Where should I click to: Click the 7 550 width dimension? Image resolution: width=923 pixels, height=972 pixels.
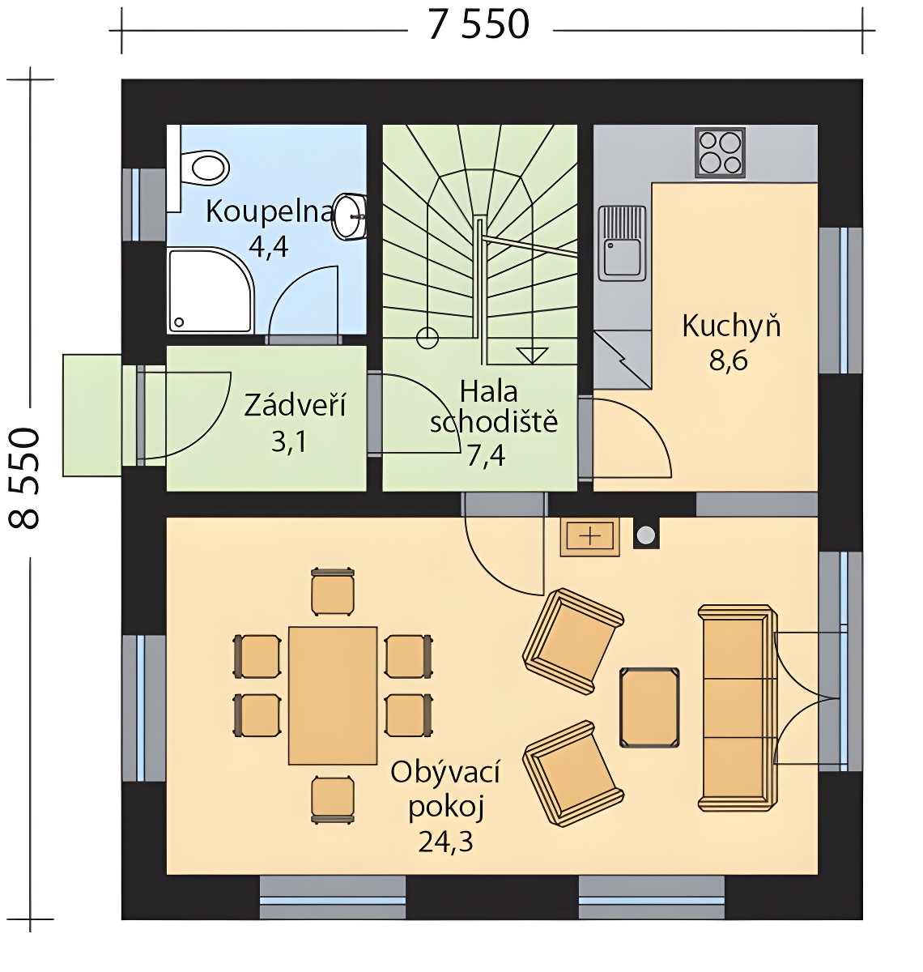coord(479,25)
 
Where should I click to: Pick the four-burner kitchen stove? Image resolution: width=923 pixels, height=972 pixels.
coord(719,152)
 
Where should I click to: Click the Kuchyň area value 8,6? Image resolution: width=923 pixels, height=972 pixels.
coord(728,361)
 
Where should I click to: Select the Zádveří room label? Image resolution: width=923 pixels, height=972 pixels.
coord(296,405)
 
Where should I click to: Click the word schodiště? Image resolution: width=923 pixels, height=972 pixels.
coord(493,423)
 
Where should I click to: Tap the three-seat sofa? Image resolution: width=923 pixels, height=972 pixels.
coord(737,708)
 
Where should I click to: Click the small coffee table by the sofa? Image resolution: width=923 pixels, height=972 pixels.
coord(649,707)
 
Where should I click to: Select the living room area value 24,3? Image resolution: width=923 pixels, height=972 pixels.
coord(445,842)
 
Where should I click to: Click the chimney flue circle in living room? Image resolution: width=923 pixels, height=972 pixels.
coord(645,535)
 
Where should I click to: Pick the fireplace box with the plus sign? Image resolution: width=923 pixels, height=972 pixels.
coord(589,537)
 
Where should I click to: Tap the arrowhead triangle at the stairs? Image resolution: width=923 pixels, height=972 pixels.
coord(532,356)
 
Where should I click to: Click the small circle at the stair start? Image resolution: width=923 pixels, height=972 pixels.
coord(427,339)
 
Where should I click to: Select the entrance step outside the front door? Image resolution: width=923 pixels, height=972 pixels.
coord(92,416)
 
